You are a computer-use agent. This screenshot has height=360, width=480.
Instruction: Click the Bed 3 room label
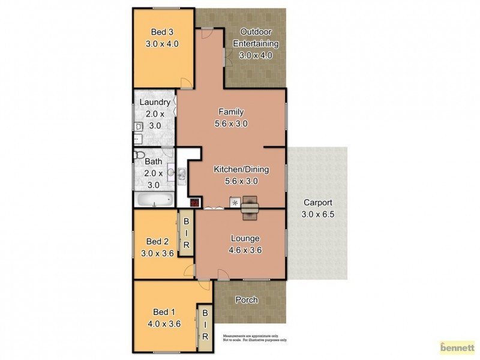click(x=163, y=32)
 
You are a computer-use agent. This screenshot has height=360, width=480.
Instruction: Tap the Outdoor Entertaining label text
click(x=256, y=37)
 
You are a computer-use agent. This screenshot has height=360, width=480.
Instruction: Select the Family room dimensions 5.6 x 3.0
click(x=231, y=124)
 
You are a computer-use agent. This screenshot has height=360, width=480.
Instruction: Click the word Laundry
click(x=155, y=102)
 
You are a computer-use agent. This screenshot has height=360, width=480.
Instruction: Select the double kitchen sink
click(x=181, y=174)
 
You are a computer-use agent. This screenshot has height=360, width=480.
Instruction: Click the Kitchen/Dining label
click(x=241, y=169)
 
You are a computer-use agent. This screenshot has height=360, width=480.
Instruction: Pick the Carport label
click(x=317, y=202)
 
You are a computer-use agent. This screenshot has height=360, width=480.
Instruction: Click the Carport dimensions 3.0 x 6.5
click(x=317, y=214)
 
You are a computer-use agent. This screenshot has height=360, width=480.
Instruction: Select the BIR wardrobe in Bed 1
click(x=205, y=325)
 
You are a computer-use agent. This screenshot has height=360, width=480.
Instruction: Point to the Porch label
click(x=246, y=300)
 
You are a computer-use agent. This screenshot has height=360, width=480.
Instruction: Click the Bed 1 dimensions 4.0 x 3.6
click(x=163, y=323)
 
